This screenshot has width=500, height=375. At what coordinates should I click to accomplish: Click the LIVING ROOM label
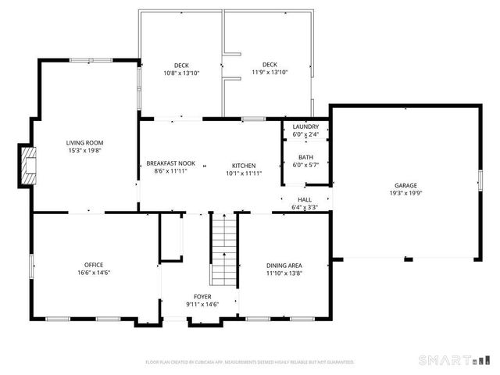(84, 143)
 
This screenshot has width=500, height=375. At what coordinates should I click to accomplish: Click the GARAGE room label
(405, 186)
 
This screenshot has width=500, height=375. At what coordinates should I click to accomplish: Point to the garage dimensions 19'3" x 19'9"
(405, 194)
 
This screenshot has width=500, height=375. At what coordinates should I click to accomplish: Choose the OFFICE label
(94, 265)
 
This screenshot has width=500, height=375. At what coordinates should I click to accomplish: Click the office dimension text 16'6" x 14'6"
(94, 273)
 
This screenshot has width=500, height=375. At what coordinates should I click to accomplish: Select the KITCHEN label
(244, 166)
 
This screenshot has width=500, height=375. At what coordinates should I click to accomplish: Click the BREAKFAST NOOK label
(170, 163)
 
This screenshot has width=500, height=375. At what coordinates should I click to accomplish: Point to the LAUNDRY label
(305, 127)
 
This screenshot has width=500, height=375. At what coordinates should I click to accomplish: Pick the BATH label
(305, 157)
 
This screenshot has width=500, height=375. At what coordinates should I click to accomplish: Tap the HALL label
(305, 200)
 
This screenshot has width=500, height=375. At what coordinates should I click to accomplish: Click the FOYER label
(202, 297)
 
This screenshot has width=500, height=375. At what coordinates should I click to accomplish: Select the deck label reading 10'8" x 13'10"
(181, 73)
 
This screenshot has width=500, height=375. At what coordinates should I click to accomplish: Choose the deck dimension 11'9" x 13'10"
(270, 73)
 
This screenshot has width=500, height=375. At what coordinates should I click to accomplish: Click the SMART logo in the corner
(443, 360)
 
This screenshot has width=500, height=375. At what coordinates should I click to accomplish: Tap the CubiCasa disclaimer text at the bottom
(250, 362)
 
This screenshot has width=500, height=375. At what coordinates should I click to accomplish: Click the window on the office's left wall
(31, 266)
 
